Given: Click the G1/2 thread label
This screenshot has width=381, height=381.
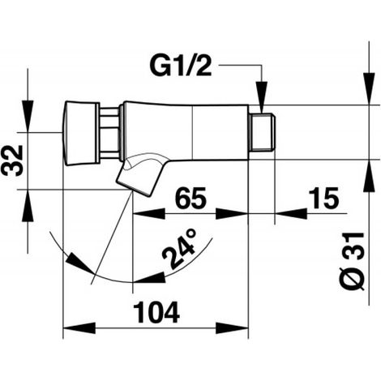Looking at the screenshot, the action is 181,66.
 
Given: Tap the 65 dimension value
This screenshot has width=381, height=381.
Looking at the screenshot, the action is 190,198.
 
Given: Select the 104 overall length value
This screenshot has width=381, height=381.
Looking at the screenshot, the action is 156,312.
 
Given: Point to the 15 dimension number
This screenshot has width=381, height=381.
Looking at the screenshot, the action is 323,198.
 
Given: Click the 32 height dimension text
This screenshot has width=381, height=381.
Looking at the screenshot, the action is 12,161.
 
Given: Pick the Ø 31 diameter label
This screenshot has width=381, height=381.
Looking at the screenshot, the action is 352,261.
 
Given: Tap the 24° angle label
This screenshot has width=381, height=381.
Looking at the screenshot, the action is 179,249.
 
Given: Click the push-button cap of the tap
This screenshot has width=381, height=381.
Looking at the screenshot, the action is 80,133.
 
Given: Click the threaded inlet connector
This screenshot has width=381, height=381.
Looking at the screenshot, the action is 262,132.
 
